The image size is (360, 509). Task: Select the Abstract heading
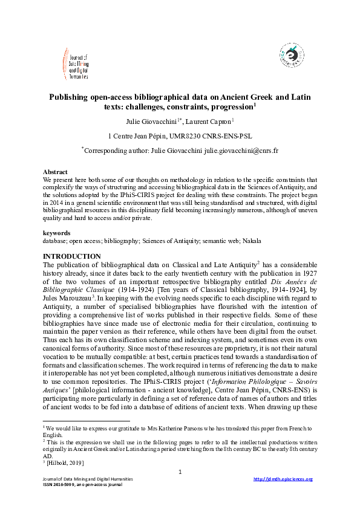(x=56, y=172)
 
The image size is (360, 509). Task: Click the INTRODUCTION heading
(x=72, y=256)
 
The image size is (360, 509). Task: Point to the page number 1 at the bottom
(x=180, y=471)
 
